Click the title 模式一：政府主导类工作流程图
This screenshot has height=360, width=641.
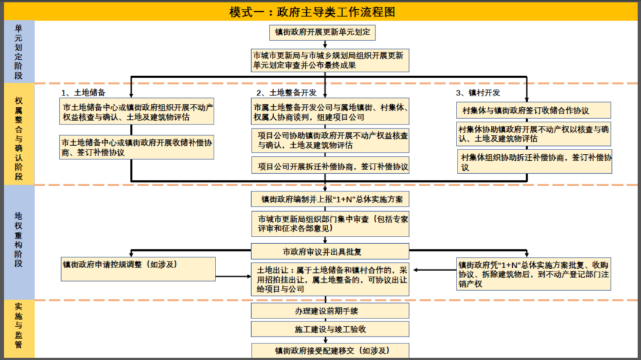pyautogui.click(x=312, y=12)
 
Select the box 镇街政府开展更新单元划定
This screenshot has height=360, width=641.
pyautogui.click(x=322, y=33)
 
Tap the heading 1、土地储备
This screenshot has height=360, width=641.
pyautogui.click(x=84, y=93)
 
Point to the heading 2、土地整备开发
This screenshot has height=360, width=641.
pyautogui.click(x=287, y=93)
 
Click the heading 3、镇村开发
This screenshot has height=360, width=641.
pyautogui.click(x=478, y=93)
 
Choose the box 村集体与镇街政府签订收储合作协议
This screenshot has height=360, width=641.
pyautogui.click(x=534, y=110)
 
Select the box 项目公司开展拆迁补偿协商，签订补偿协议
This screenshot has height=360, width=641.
pyautogui.click(x=331, y=165)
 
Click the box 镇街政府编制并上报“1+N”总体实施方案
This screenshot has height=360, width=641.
pyautogui.click(x=331, y=199)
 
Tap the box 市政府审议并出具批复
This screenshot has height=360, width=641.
pyautogui.click(x=331, y=251)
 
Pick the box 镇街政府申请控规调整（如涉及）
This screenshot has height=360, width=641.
pyautogui.click(x=138, y=269)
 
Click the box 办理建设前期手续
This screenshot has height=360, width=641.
pyautogui.click(x=331, y=311)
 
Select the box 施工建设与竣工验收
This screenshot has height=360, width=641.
pyautogui.click(x=331, y=329)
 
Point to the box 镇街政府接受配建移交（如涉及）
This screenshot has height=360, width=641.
pyautogui.click(x=331, y=351)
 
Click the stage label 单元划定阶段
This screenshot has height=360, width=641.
pyautogui.click(x=19, y=52)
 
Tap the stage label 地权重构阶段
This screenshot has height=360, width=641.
pyautogui.click(x=19, y=240)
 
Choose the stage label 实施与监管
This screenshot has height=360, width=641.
pyautogui.click(x=19, y=326)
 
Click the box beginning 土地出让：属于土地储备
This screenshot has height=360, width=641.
pyautogui.click(x=331, y=279)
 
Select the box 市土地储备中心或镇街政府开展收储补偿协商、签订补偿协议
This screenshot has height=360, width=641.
pyautogui.click(x=137, y=147)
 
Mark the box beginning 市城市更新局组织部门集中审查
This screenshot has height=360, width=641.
pyautogui.click(x=331, y=224)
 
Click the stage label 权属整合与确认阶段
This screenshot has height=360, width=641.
pyautogui.click(x=19, y=138)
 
